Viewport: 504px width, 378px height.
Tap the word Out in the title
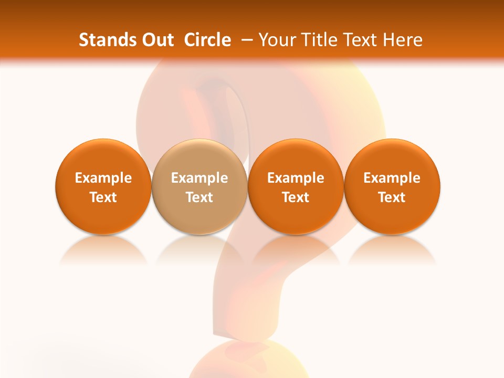click(156, 40)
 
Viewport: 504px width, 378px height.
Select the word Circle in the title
click(207, 40)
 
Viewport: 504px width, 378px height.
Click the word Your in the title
click(276, 40)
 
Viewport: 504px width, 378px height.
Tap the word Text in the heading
click(356, 40)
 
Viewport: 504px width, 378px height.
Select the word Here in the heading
click(401, 40)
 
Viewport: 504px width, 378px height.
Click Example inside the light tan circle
click(199, 178)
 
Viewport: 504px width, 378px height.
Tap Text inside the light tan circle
click(199, 197)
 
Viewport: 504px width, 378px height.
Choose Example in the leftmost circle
click(103, 178)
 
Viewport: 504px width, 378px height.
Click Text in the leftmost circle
click(103, 197)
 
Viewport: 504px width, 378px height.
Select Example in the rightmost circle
click(392, 178)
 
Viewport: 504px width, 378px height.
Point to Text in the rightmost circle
click(392, 197)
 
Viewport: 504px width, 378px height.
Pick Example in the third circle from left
click(296, 178)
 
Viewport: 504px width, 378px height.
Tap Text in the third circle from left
click(296, 197)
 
